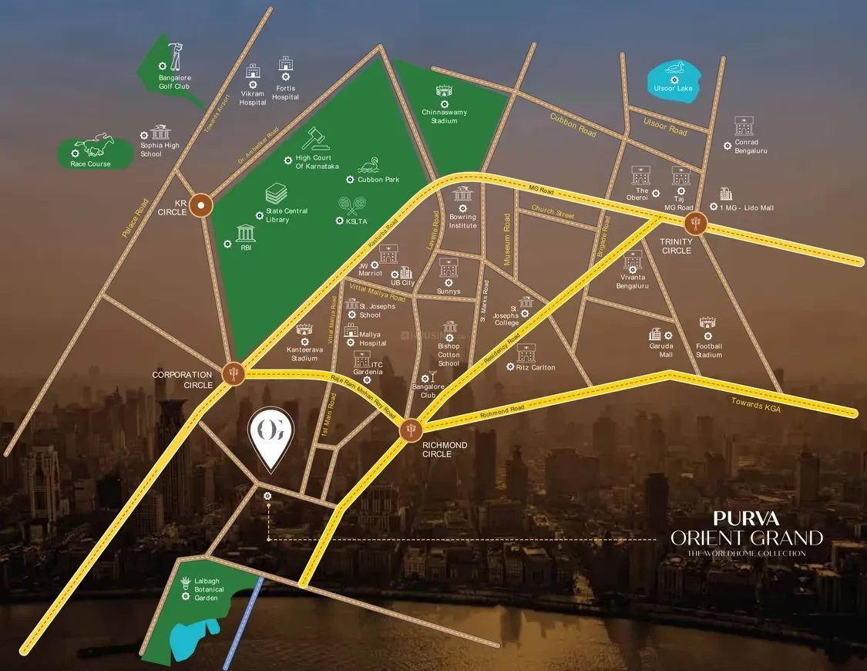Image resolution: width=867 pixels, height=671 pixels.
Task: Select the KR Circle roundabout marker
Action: click(x=202, y=205)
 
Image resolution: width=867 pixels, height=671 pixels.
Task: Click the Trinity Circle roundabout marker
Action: click(x=696, y=224)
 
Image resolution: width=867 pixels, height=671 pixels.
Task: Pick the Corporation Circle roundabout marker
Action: click(x=234, y=374)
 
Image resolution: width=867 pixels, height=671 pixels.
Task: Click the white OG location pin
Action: click(x=270, y=439)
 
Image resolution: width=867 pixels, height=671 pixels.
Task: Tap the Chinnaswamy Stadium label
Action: click(x=444, y=116)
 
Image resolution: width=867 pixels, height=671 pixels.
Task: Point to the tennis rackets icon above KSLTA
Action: click(x=352, y=206)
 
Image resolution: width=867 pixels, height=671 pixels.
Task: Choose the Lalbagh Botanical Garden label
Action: click(x=209, y=590)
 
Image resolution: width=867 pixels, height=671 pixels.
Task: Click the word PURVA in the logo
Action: click(x=745, y=518)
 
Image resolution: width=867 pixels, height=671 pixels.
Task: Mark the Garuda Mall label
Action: click(x=660, y=350)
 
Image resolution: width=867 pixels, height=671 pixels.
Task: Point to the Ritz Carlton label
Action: click(x=536, y=367)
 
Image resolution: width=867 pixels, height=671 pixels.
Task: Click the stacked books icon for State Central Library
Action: click(x=277, y=193)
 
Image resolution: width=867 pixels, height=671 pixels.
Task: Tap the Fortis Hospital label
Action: click(x=285, y=93)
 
